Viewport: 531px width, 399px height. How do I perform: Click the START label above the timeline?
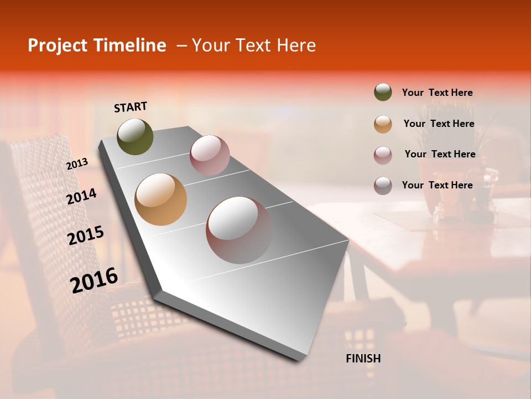point(131,107)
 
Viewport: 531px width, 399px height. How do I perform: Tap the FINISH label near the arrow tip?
point(363,359)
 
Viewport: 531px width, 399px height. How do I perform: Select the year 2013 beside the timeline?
point(77,164)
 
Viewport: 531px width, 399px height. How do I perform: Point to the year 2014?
point(82,197)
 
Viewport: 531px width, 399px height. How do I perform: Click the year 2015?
point(86,236)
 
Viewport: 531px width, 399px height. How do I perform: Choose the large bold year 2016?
point(94,280)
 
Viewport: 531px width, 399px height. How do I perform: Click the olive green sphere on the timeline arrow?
point(135,136)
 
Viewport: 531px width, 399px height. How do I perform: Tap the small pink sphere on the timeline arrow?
point(210,155)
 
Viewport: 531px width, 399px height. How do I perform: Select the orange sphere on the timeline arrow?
point(161,199)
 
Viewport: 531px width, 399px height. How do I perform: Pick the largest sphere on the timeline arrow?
point(239,229)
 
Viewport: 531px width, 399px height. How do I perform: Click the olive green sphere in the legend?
point(383,93)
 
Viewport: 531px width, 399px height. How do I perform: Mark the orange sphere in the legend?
point(383,124)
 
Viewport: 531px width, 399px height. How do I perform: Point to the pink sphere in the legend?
point(383,155)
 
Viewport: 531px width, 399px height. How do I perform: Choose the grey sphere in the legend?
point(383,186)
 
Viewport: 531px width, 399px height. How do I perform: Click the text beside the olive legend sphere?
point(437,93)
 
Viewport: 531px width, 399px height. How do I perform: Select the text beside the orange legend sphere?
point(439,124)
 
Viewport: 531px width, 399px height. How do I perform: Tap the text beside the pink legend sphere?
point(440,154)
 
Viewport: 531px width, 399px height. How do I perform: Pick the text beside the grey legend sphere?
point(437,185)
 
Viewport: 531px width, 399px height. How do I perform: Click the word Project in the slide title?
point(58,45)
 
